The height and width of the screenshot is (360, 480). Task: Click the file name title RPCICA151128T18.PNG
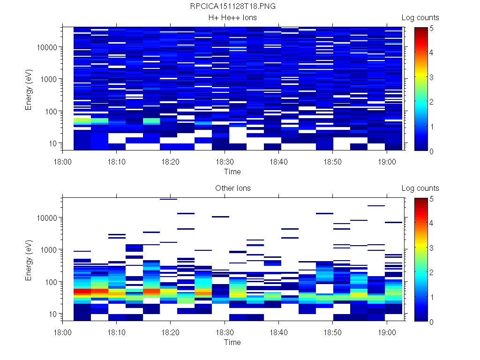[x=232, y=7]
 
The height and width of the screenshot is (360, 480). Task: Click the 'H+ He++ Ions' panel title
[x=232, y=18]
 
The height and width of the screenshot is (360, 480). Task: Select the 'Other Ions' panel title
[x=232, y=188]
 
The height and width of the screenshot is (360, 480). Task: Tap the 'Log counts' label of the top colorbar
[x=420, y=18]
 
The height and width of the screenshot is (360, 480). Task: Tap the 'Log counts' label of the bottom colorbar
[x=420, y=188]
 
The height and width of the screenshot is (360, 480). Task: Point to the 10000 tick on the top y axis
[x=47, y=47]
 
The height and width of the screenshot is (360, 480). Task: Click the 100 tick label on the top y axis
[x=51, y=112]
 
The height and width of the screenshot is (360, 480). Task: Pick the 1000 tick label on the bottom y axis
[x=49, y=250]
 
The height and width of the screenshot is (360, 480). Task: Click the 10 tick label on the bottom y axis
[x=52, y=314]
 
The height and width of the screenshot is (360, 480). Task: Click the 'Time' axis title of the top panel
[x=232, y=172]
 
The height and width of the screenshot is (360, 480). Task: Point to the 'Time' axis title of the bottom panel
[x=232, y=342]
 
